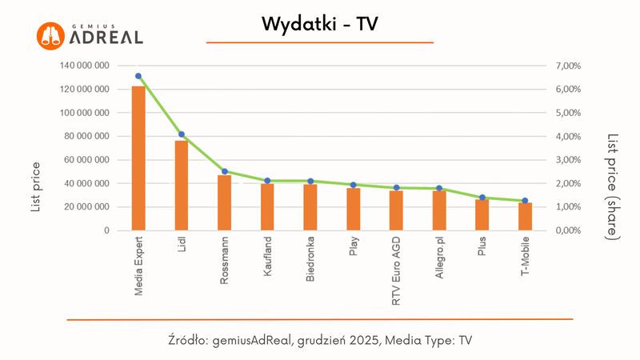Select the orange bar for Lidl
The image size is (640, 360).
[x=182, y=186]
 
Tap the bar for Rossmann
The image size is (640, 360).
[x=225, y=202]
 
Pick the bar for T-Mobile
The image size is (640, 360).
[x=525, y=216]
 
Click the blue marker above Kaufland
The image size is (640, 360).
[x=267, y=181]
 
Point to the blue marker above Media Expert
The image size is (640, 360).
[x=138, y=76]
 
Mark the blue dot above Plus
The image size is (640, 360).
[x=482, y=198]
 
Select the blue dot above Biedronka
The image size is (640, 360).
[x=310, y=181]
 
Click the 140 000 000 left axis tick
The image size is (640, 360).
[x=84, y=66]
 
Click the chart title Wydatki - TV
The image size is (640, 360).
[x=319, y=25]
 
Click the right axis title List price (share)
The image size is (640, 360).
[x=612, y=186]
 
